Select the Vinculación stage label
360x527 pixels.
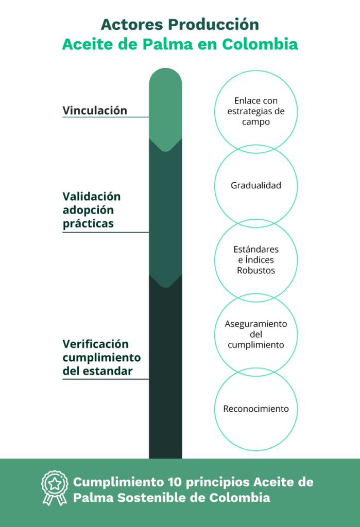tap(95, 111)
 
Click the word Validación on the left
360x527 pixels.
tap(92, 197)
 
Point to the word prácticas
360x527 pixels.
tap(88, 224)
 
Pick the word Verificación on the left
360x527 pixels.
tap(96, 344)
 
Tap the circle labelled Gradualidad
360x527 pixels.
tap(256, 186)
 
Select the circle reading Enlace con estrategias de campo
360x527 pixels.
tap(256, 111)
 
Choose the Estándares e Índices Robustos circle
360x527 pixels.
tap(256, 260)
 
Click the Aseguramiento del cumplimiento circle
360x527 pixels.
tap(256, 335)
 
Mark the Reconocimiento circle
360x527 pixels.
tap(256, 409)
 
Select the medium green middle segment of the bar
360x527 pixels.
tap(165, 211)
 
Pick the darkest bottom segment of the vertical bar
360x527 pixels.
tap(165, 371)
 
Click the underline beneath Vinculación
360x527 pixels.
tap(106, 117)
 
